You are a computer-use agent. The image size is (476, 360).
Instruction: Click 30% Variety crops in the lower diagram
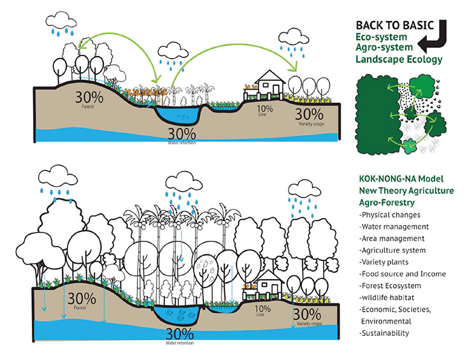[x=307, y=316]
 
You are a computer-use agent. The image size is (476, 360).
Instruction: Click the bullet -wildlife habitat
[x=389, y=298]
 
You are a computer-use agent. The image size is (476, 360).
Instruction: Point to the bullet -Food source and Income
[x=402, y=274]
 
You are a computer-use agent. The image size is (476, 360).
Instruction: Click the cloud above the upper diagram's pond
[x=173, y=49]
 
